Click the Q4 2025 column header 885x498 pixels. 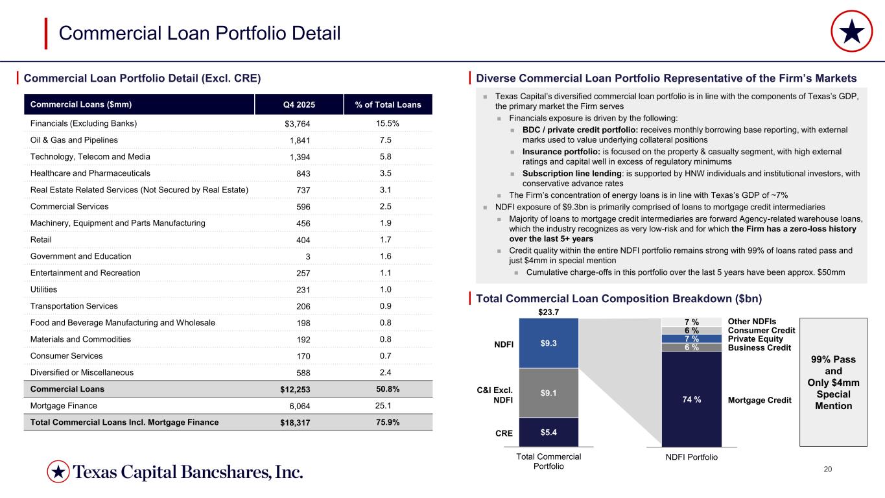pyautogui.click(x=300, y=105)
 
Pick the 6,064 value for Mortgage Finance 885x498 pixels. pyautogui.click(x=298, y=405)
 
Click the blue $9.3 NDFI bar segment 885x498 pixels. pyautogui.click(x=549, y=343)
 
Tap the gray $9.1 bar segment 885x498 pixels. pyautogui.click(x=549, y=392)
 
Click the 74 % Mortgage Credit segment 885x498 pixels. pyautogui.click(x=691, y=399)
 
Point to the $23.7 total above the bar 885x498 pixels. pyautogui.click(x=549, y=313)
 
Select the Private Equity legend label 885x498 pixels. pyautogui.click(x=755, y=339)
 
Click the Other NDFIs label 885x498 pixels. pyautogui.click(x=752, y=322)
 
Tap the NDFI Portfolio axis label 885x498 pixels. pyautogui.click(x=692, y=457)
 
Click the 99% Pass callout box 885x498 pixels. pyautogui.click(x=833, y=382)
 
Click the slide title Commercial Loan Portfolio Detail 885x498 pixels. pyautogui.click(x=200, y=33)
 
